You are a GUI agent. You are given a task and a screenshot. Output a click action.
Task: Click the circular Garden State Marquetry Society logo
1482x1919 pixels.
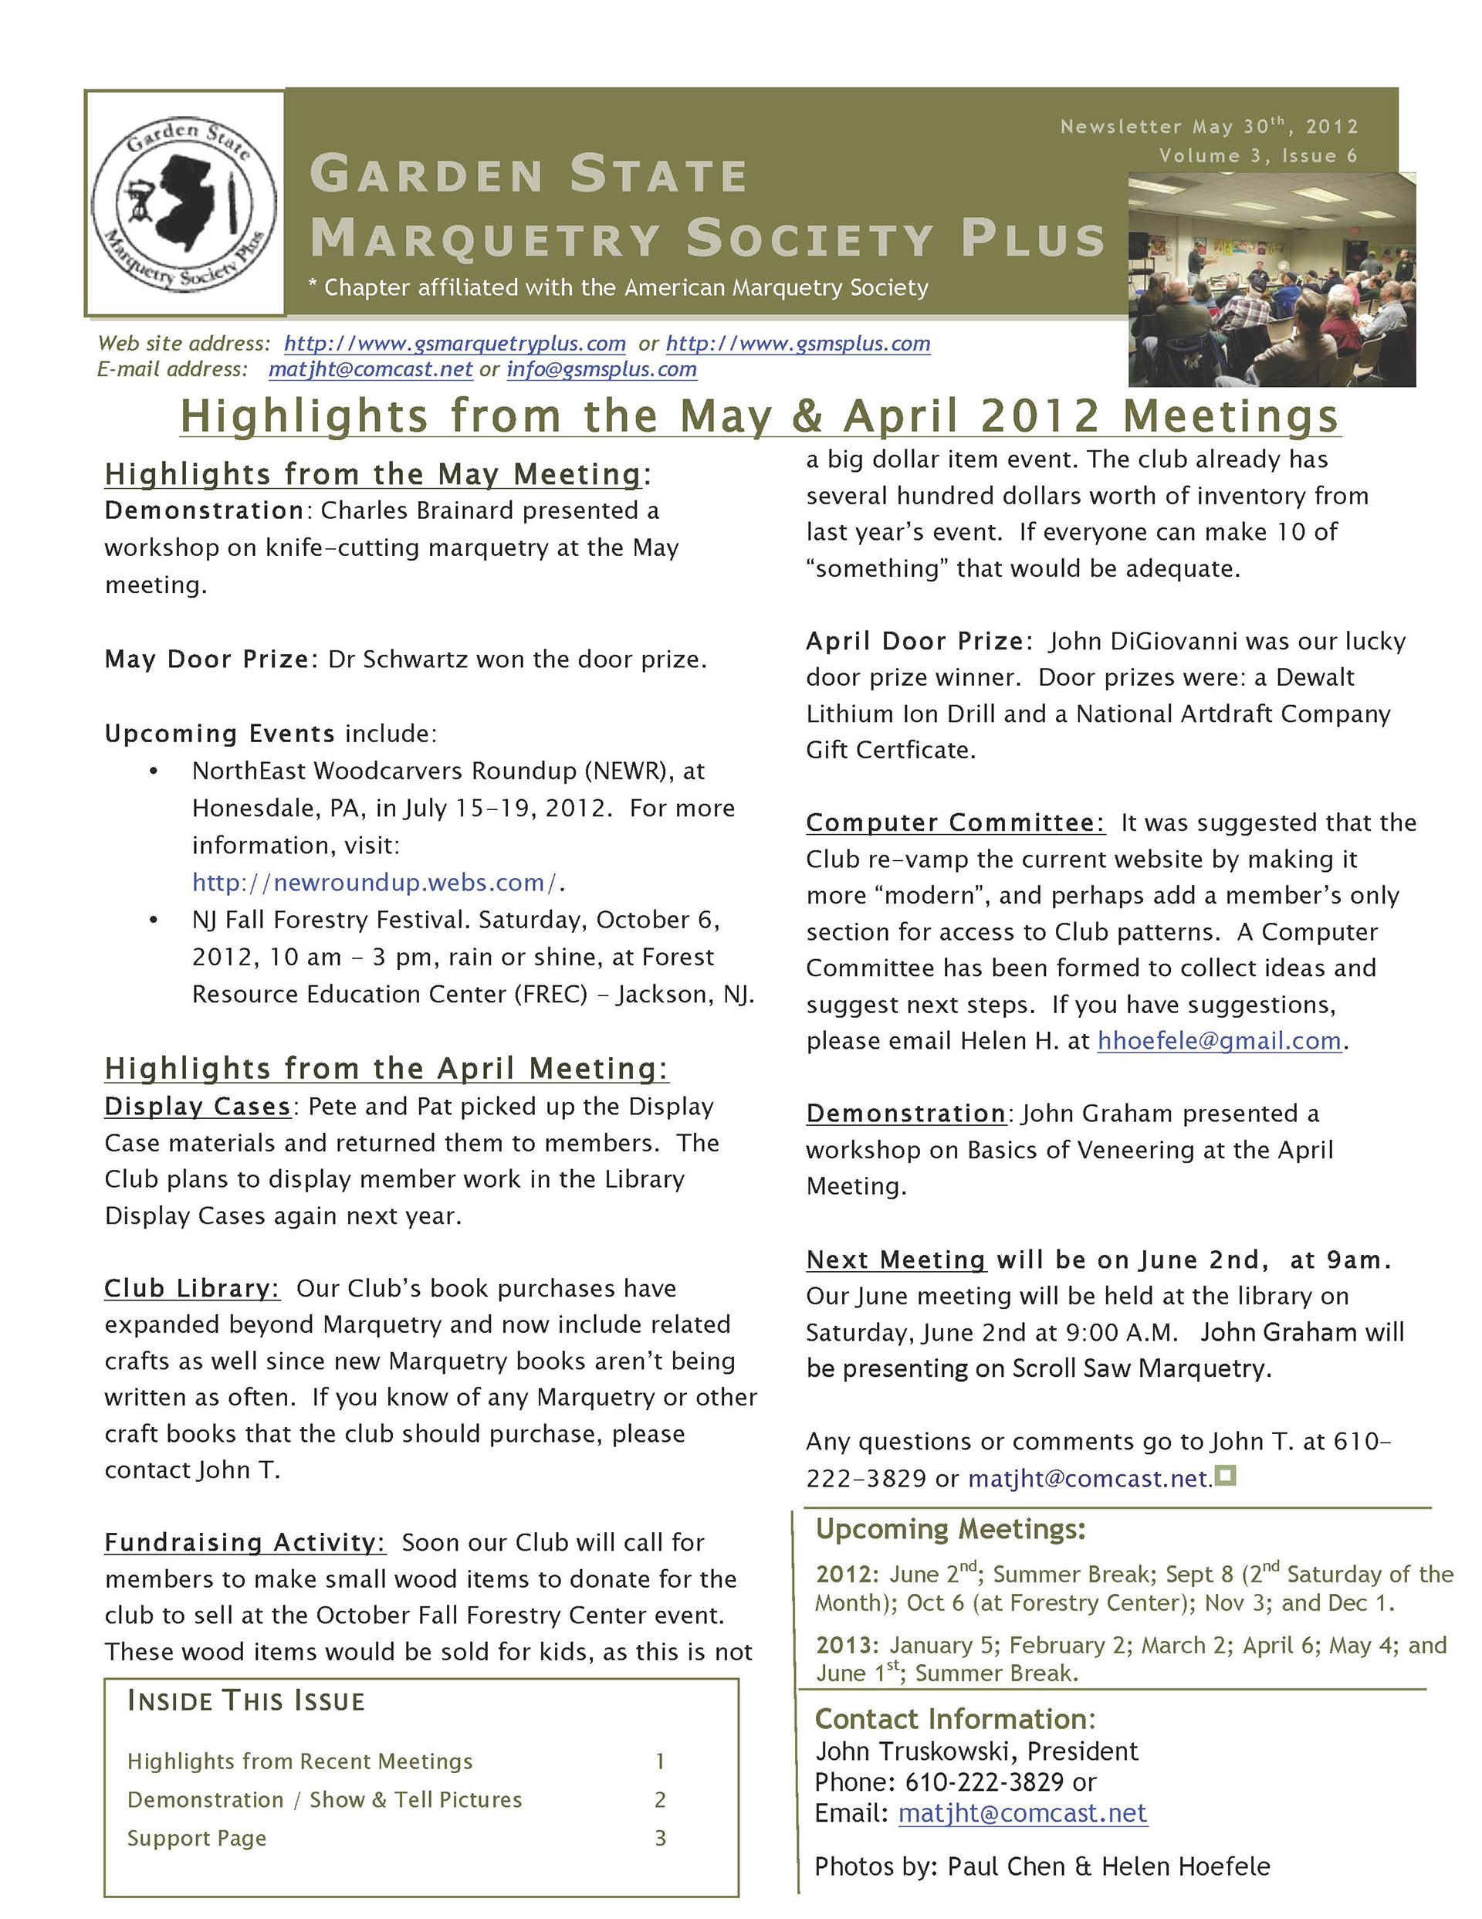tap(184, 203)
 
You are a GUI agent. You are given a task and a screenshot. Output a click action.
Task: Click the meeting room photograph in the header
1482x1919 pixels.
tap(1271, 280)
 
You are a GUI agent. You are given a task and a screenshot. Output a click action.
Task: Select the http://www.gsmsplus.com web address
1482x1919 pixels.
tap(797, 344)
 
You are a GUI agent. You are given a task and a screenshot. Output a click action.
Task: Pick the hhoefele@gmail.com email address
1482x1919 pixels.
tap(1219, 1040)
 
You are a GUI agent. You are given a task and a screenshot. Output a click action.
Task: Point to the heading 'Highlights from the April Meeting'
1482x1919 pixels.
tap(386, 1069)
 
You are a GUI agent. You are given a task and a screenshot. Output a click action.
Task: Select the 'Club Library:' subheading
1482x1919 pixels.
tap(191, 1288)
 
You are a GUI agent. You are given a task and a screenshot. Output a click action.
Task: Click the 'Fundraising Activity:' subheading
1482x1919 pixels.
tap(244, 1542)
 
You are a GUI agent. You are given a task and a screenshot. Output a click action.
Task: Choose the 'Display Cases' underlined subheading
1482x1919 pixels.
tap(197, 1107)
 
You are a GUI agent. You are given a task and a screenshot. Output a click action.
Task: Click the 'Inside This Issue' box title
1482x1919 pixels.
tap(246, 1701)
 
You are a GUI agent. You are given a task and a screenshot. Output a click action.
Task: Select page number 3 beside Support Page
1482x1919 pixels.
tap(661, 1838)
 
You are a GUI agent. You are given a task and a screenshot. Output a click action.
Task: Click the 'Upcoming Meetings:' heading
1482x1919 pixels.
tap(950, 1529)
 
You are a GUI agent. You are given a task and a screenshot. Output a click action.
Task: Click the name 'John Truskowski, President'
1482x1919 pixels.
tap(976, 1751)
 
